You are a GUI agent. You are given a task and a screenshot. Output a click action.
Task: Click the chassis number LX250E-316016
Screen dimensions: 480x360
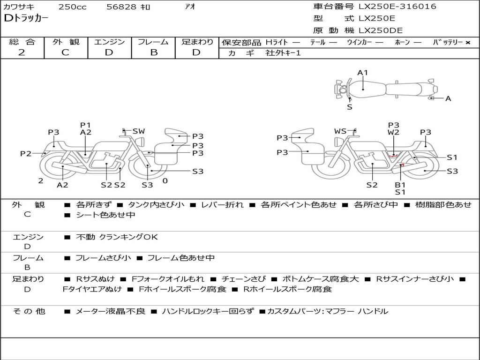coord(397,6)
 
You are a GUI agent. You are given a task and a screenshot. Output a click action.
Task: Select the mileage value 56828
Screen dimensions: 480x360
coord(121,7)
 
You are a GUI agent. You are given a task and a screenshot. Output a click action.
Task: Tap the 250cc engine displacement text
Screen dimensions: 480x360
coord(73,7)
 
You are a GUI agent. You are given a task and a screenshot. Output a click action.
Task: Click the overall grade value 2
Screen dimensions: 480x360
coord(22,52)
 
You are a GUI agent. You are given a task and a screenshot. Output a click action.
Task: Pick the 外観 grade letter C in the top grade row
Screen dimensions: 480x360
coord(65,52)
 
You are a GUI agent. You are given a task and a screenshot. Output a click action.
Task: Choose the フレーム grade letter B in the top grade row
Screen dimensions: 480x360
coord(154,52)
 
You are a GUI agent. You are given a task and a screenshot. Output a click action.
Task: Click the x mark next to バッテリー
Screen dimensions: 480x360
coord(468,43)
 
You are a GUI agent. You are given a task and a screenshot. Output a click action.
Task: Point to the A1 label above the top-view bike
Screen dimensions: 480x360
coord(362,73)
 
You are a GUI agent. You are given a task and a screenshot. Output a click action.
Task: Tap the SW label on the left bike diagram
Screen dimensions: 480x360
coord(139,131)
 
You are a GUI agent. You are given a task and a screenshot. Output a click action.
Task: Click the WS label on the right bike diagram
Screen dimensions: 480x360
coord(340,131)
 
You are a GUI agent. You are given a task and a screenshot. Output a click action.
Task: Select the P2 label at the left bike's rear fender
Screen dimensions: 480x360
coord(26,153)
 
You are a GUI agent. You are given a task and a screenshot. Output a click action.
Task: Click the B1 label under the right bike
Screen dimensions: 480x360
coord(400,185)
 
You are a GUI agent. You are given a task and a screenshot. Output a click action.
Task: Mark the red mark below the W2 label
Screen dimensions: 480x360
coord(393,155)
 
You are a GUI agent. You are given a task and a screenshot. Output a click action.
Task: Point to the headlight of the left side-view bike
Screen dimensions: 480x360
coord(141,142)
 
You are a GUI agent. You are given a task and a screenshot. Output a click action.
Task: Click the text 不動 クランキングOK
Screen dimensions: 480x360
coord(117,237)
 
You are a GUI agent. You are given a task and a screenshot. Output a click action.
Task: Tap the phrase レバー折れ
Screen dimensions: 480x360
coord(222,204)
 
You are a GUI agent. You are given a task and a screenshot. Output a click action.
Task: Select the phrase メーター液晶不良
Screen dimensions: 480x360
coord(110,311)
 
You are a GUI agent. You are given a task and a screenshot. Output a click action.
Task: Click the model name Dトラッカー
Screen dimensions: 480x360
coord(26,18)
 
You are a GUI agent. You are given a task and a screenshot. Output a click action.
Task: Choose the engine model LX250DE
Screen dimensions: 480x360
coord(381,30)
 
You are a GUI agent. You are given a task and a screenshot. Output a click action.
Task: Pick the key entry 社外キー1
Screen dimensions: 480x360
coord(283,53)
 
